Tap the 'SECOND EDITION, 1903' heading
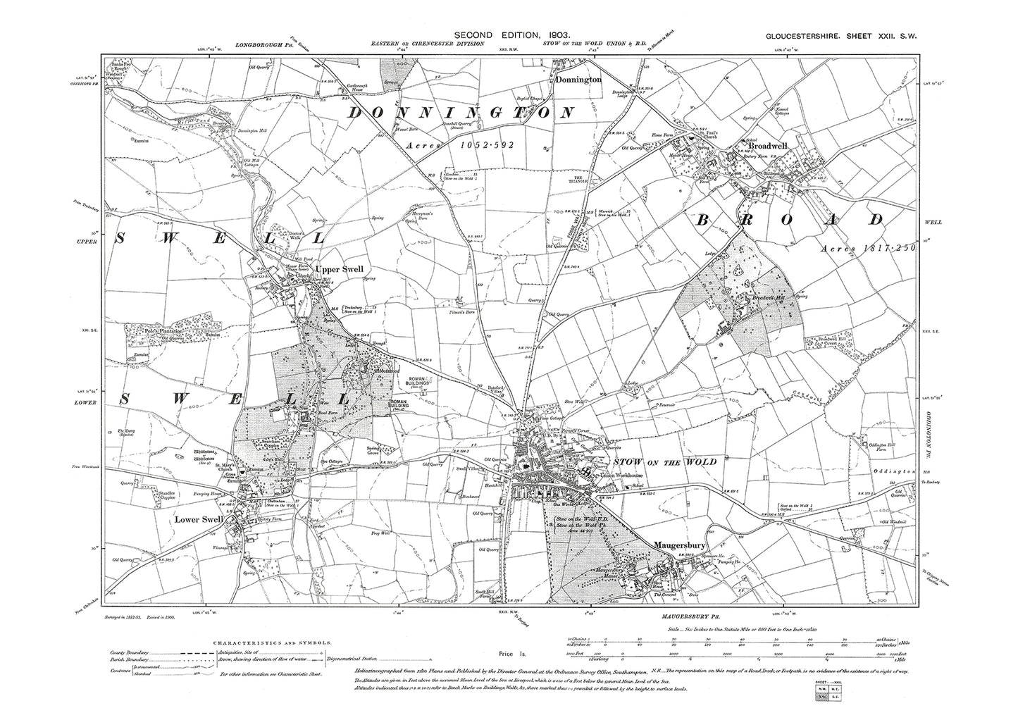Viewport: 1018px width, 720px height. tap(511, 35)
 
